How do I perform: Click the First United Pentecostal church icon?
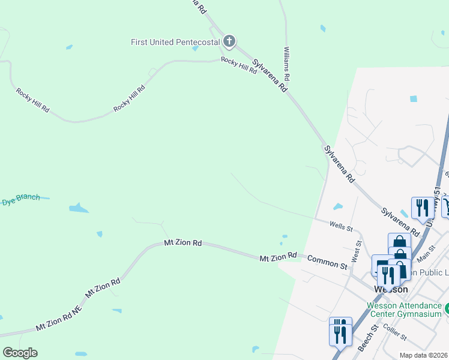point(229,41)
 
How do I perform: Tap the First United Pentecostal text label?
point(175,42)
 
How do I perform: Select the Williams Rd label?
point(288,64)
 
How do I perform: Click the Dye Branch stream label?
point(20,198)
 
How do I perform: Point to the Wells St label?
point(341,226)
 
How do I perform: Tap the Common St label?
point(327,262)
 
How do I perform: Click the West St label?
point(357,251)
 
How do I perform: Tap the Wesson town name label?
point(391,289)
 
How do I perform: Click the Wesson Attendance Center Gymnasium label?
point(405,310)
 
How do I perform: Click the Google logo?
point(20,353)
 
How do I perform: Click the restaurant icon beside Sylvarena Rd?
point(421,208)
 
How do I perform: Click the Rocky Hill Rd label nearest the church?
point(239,66)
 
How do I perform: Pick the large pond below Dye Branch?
point(79,209)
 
